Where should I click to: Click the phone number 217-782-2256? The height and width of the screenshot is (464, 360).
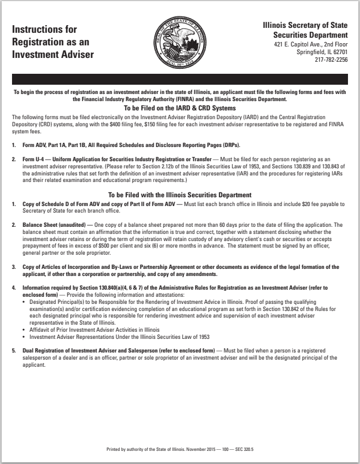click(331, 60)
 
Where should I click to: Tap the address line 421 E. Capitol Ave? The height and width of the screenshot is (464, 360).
click(310, 44)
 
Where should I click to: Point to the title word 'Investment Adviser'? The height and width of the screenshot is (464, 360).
click(53, 55)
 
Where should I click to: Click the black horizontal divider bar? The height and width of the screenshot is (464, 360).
click(180, 79)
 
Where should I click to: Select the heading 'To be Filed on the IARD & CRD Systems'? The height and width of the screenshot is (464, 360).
click(180, 108)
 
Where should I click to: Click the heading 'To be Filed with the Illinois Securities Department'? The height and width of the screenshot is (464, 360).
click(180, 195)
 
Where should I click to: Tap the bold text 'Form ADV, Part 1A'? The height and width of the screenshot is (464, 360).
click(46, 145)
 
